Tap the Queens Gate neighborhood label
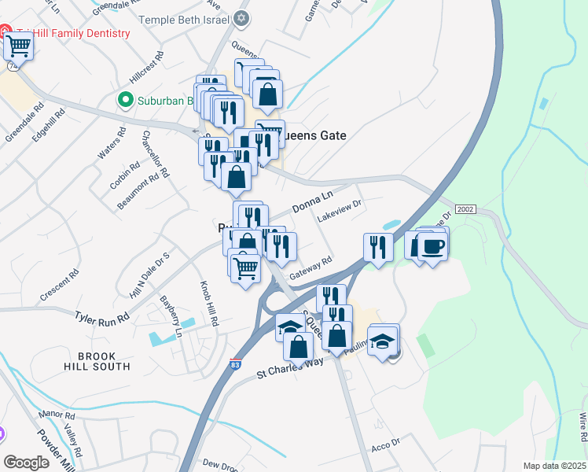point(313,135)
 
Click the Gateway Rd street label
point(311,269)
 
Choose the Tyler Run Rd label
point(101,318)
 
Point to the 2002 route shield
point(466,208)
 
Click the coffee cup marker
point(432,247)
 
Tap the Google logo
point(26,462)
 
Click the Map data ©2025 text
point(554,466)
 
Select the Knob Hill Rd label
point(208,304)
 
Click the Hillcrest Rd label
point(147,68)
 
